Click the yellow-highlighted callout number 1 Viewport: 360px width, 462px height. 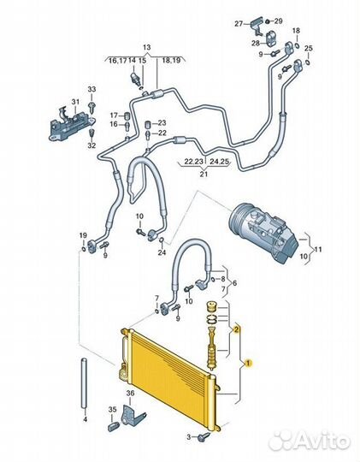248,364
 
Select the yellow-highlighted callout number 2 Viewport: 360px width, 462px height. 236,330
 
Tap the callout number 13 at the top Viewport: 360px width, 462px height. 146,47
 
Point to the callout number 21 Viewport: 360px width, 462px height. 204,174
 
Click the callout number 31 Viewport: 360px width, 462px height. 75,102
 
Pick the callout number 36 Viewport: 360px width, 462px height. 130,393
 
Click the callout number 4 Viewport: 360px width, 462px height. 86,418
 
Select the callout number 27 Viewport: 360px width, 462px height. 239,24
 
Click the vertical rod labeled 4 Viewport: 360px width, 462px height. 85,383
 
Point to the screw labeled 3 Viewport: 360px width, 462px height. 204,436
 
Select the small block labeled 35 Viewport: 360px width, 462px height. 114,426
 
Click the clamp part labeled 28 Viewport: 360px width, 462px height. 271,38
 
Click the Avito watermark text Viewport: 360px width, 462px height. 310,441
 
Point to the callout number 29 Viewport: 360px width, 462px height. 278,21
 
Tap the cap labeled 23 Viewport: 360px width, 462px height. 148,124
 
